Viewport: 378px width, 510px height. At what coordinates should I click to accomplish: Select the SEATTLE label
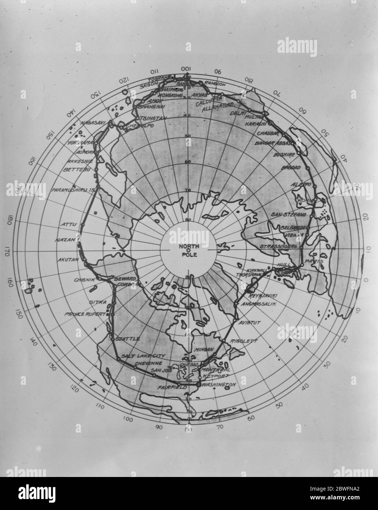point(128,339)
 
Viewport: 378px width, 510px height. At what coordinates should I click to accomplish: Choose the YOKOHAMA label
point(80,143)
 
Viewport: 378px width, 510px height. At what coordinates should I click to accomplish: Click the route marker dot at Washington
point(199,385)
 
